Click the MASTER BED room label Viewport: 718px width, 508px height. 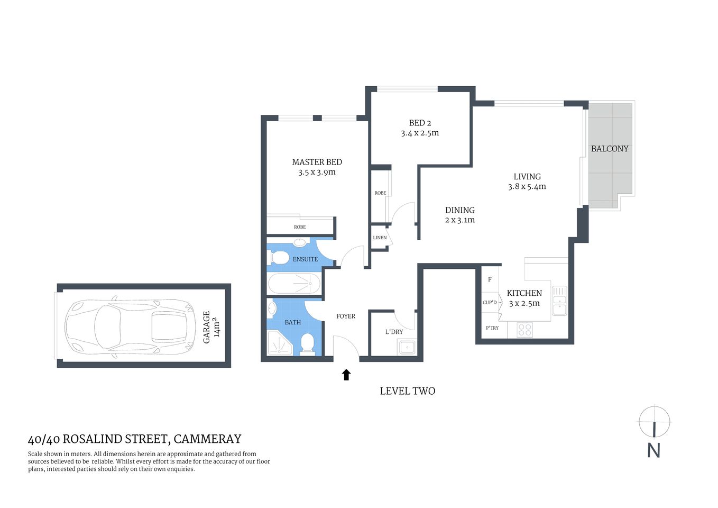pos(317,162)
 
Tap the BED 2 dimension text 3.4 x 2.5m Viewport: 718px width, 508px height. pos(420,133)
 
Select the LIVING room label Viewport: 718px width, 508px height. pos(527,177)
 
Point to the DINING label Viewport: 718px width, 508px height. pos(459,210)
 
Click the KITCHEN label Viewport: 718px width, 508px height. pos(524,293)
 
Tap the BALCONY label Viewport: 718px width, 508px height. pos(610,149)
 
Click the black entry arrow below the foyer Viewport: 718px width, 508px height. pos(346,375)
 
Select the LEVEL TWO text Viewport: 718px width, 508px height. pos(407,391)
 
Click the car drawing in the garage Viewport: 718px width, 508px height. pos(130,326)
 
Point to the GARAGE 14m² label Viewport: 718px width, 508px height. pos(211,327)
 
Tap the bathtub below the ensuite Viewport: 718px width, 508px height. pos(294,284)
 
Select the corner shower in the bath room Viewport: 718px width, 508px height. pos(280,342)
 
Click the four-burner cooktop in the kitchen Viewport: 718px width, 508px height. pos(524,330)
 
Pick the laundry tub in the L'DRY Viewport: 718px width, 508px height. pos(407,348)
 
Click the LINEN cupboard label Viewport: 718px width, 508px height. pos(380,238)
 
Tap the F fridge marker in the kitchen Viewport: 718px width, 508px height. pos(490,279)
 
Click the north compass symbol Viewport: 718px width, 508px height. pos(654,422)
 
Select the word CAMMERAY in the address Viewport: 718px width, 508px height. pos(207,439)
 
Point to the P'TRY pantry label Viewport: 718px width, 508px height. pos(492,328)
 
